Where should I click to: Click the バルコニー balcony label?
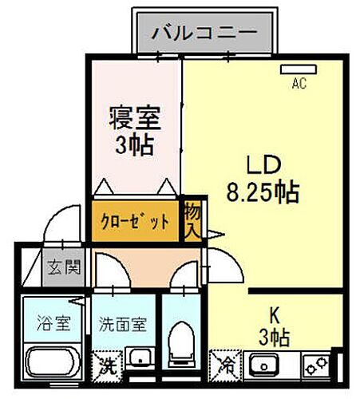tap(205, 34)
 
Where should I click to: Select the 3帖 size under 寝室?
tap(135, 147)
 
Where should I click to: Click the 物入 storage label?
tap(192, 219)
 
